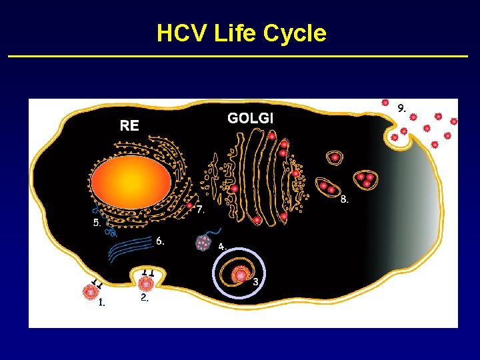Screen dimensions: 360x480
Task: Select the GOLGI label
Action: click(x=250, y=119)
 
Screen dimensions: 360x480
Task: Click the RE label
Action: click(x=129, y=125)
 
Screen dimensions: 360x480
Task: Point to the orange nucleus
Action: click(x=131, y=180)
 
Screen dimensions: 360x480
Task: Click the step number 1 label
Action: click(x=101, y=303)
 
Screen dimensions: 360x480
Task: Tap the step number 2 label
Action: click(x=144, y=299)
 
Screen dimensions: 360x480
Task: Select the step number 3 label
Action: click(x=256, y=282)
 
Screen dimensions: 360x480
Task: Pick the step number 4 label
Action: click(x=222, y=247)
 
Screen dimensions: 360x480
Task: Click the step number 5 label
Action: click(x=97, y=223)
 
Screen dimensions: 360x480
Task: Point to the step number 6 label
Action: click(x=160, y=241)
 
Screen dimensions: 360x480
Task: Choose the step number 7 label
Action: click(x=200, y=209)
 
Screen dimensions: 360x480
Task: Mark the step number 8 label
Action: click(x=344, y=199)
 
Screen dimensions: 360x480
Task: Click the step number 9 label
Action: click(x=401, y=107)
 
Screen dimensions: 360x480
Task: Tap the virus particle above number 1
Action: click(x=88, y=291)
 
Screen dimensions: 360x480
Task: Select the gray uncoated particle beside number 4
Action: click(x=203, y=243)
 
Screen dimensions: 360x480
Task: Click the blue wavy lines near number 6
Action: click(x=129, y=251)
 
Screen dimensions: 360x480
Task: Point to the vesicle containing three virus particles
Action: click(x=365, y=179)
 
